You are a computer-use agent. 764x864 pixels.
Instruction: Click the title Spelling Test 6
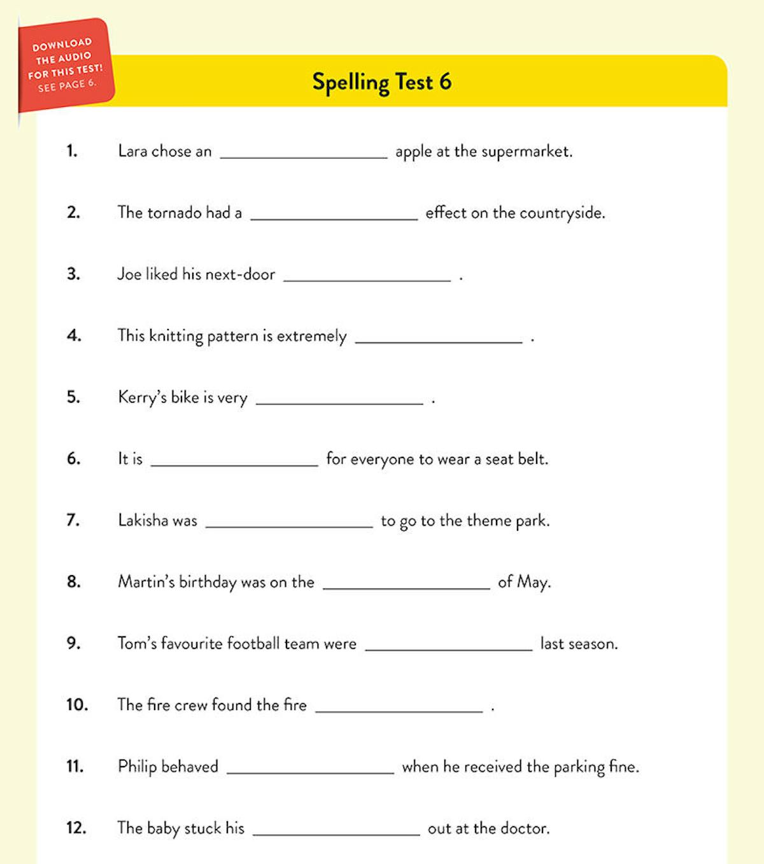(x=381, y=82)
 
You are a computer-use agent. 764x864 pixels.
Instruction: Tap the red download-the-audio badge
(x=65, y=66)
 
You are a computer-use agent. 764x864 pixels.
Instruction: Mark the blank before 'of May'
(x=406, y=586)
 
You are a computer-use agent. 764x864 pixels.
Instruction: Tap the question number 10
(x=76, y=705)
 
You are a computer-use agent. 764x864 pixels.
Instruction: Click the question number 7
(x=73, y=520)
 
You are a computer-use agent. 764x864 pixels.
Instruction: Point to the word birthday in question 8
(x=208, y=582)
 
